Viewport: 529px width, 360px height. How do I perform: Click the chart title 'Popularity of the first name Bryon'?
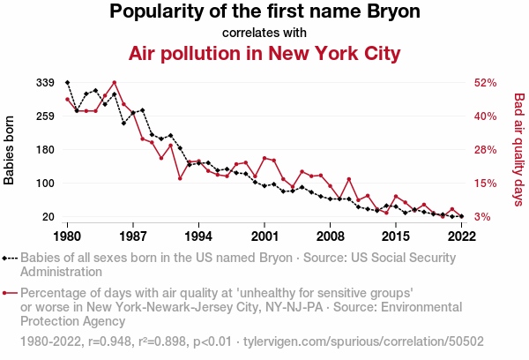click(264, 12)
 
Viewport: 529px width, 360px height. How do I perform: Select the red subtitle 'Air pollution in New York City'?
click(264, 53)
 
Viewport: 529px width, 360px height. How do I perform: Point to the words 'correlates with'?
click(264, 33)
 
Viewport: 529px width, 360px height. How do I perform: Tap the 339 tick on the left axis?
click(46, 82)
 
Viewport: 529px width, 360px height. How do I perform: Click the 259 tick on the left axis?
click(46, 116)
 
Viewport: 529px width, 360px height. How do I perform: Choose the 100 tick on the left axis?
click(46, 184)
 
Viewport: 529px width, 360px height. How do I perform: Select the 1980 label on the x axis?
click(68, 236)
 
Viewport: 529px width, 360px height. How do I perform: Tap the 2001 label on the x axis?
click(264, 236)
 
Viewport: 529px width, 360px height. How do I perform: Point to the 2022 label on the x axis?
click(461, 236)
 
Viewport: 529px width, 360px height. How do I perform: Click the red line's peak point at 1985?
click(115, 83)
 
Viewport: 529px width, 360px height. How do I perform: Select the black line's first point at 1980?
click(68, 82)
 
